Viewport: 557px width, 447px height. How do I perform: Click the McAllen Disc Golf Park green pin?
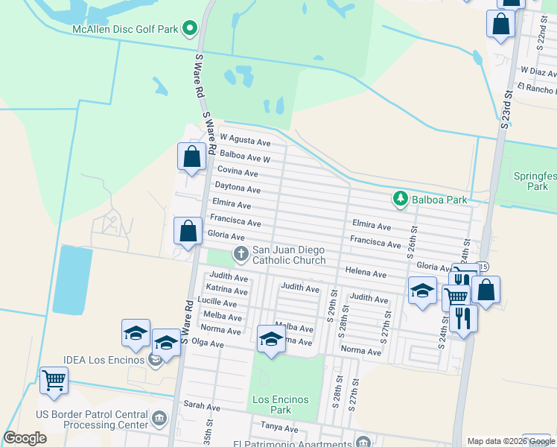[x=189, y=29]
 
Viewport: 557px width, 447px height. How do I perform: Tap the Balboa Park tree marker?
[x=401, y=199]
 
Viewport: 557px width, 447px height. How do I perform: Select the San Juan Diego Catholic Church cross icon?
[x=241, y=254]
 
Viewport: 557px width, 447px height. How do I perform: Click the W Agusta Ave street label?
[x=245, y=141]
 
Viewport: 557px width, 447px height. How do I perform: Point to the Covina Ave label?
[x=238, y=172]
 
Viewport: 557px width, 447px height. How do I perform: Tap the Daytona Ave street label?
[x=238, y=188]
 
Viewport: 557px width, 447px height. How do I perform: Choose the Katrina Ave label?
[x=228, y=289]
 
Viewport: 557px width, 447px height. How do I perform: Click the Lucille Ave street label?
[x=217, y=302]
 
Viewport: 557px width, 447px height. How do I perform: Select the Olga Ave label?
[x=208, y=343]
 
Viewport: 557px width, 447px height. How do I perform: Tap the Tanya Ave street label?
[x=279, y=428]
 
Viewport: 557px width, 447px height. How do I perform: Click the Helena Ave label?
[x=365, y=273]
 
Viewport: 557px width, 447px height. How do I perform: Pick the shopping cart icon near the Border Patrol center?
[x=54, y=381]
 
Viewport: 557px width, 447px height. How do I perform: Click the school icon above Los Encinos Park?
[x=271, y=339]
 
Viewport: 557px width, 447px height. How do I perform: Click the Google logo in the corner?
[x=25, y=439]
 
